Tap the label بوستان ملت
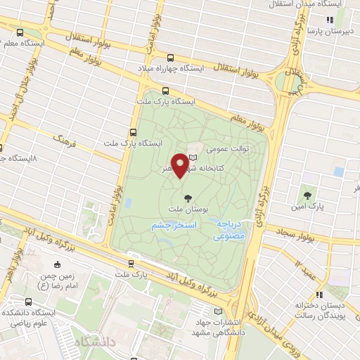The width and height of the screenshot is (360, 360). pyautogui.click(x=186, y=209)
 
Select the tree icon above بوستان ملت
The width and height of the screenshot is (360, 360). pyautogui.click(x=186, y=197)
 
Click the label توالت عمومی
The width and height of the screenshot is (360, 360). pyautogui.click(x=223, y=150)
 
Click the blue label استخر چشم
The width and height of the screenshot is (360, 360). pyautogui.click(x=172, y=226)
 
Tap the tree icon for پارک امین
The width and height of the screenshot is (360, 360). pyautogui.click(x=307, y=195)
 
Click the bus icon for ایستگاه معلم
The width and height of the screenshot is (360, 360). pyautogui.click(x=19, y=32)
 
